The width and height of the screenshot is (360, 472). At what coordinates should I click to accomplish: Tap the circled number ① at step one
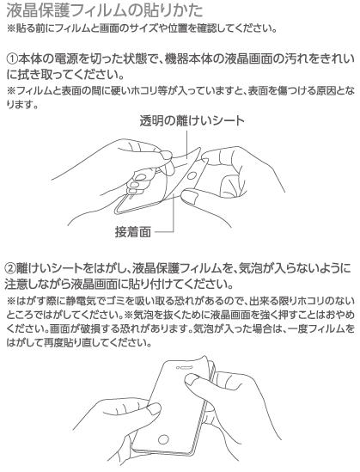point(12,59)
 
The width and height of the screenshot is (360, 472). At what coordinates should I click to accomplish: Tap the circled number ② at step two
point(10,268)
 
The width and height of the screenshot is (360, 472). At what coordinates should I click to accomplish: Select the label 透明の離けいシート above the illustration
point(192,120)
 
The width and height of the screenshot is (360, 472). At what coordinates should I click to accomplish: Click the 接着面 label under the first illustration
point(133,232)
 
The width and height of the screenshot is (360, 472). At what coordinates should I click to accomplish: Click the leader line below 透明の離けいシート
point(187,144)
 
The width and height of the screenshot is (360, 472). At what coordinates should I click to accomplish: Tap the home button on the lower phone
point(163,439)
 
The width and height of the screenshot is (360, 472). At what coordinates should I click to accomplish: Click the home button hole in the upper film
point(192,176)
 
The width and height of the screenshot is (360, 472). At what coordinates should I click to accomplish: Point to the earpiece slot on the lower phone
point(186,368)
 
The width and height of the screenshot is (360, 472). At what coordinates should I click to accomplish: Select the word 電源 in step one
point(67,59)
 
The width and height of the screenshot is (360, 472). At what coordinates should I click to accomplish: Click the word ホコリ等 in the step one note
point(149,90)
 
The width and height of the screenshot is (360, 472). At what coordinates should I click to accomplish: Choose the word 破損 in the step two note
point(89,328)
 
